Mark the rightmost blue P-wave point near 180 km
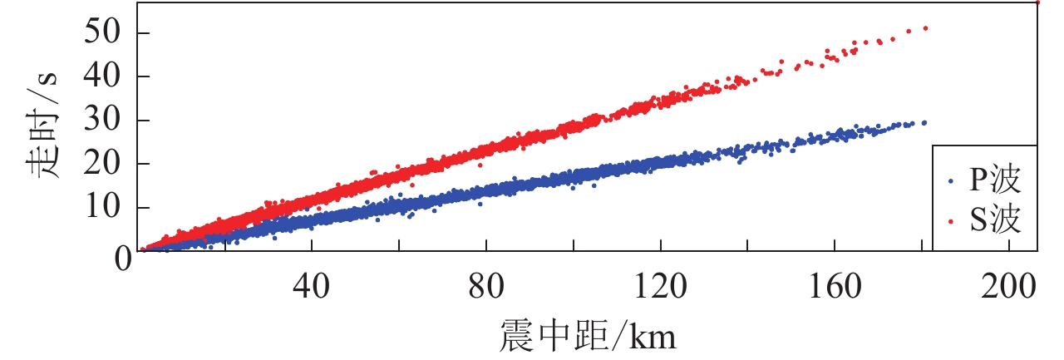point(924,122)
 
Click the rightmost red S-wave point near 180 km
point(925,28)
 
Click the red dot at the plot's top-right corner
point(1037,2)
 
